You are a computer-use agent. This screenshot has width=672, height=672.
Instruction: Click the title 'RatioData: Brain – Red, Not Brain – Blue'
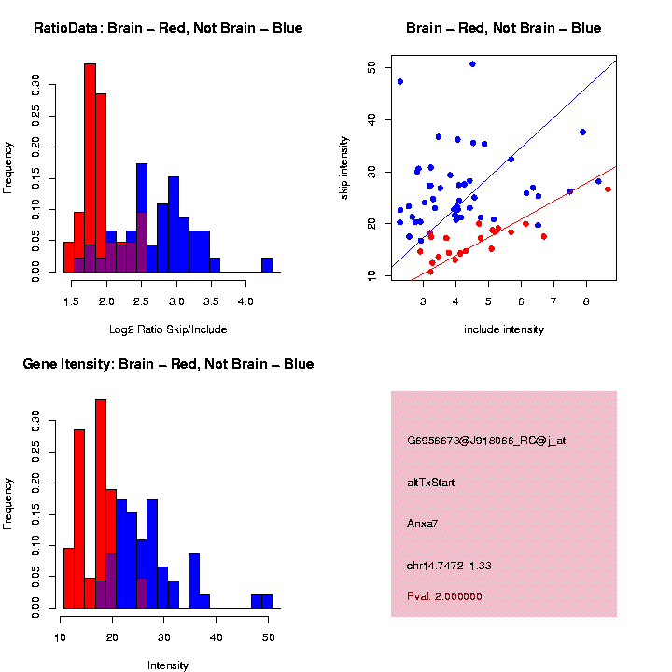tap(168, 28)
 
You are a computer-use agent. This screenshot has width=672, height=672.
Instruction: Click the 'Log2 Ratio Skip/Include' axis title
tap(168, 329)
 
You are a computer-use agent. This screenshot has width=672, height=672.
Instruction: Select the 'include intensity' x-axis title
tap(504, 329)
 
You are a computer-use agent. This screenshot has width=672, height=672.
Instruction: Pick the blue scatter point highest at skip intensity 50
tap(472, 64)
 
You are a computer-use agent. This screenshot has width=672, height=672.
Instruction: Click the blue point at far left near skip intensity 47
tap(400, 82)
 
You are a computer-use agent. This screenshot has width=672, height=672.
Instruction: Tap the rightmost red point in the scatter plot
tap(608, 189)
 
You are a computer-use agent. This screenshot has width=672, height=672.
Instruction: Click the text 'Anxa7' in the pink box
tap(423, 524)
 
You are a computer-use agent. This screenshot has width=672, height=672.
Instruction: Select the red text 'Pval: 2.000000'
tap(444, 596)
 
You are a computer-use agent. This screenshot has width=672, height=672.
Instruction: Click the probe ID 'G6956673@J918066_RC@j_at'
tap(486, 441)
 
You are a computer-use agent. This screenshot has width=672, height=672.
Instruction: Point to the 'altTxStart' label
tap(431, 483)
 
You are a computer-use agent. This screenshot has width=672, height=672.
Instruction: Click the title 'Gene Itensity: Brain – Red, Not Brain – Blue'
tap(168, 364)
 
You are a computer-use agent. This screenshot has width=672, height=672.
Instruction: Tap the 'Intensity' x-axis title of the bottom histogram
tap(168, 665)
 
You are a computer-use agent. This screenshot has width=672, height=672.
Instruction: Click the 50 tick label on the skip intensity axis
tap(371, 68)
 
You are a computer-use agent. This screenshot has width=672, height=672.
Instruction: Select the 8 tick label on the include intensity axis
tap(586, 301)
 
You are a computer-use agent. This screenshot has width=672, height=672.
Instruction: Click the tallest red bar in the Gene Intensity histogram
tap(101, 504)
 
